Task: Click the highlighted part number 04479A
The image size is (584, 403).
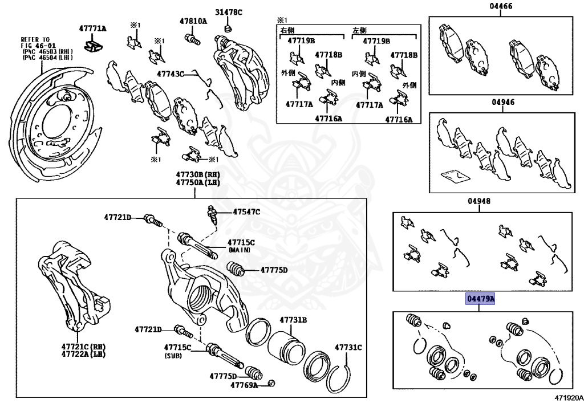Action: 480,299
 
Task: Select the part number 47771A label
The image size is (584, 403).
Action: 92,28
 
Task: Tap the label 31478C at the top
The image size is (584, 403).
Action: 228,12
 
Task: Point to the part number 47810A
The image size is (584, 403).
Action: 192,22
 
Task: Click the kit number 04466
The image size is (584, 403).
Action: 501,7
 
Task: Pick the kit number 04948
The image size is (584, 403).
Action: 479,201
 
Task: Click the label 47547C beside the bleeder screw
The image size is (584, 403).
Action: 246,212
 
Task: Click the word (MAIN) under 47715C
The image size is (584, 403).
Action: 241,250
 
